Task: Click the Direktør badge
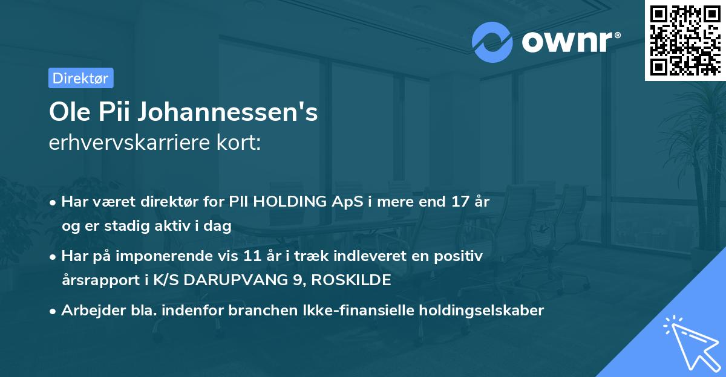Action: coord(80,78)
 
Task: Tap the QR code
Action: coord(684,40)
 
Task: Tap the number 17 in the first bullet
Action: coord(454,202)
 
